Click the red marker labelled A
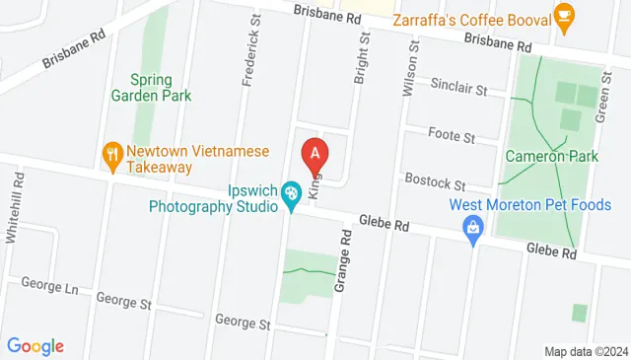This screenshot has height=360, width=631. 315,154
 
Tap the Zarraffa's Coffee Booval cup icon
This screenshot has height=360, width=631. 563,14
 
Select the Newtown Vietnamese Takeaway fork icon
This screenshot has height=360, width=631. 112,153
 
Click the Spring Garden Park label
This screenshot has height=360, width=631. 161,88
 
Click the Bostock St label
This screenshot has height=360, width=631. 436,182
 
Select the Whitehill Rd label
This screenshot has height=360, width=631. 15,201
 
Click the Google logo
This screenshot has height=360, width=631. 35,346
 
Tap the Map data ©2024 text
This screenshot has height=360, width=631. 586,351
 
